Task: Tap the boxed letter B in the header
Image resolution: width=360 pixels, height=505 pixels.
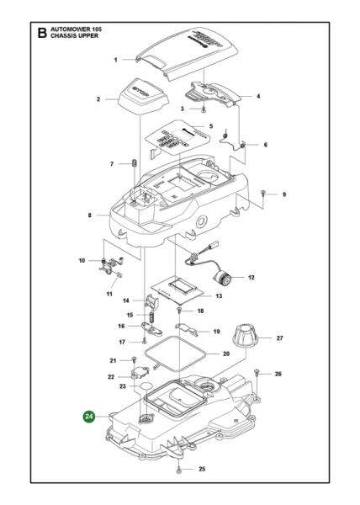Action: point(41,35)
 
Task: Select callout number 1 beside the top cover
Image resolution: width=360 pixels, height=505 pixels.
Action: point(115,60)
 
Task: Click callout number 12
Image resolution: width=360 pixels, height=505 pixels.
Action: point(251,277)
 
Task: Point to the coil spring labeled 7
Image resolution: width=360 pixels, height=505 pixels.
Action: point(133,163)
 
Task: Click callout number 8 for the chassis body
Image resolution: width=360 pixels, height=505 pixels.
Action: point(90,215)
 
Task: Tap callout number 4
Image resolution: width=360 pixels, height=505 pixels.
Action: point(258,96)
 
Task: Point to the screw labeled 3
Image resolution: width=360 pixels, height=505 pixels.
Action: point(204,109)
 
